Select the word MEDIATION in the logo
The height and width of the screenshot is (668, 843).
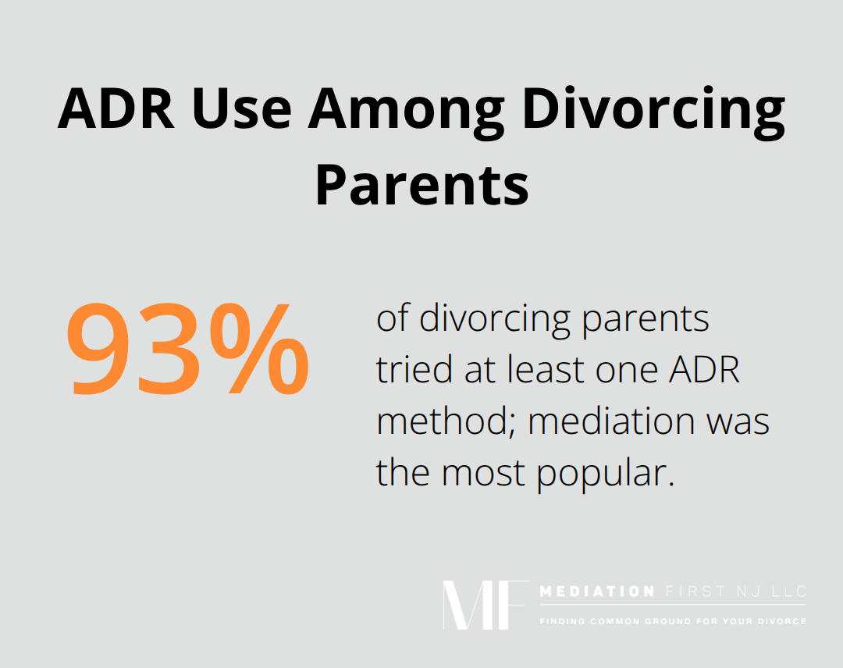(598, 592)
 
